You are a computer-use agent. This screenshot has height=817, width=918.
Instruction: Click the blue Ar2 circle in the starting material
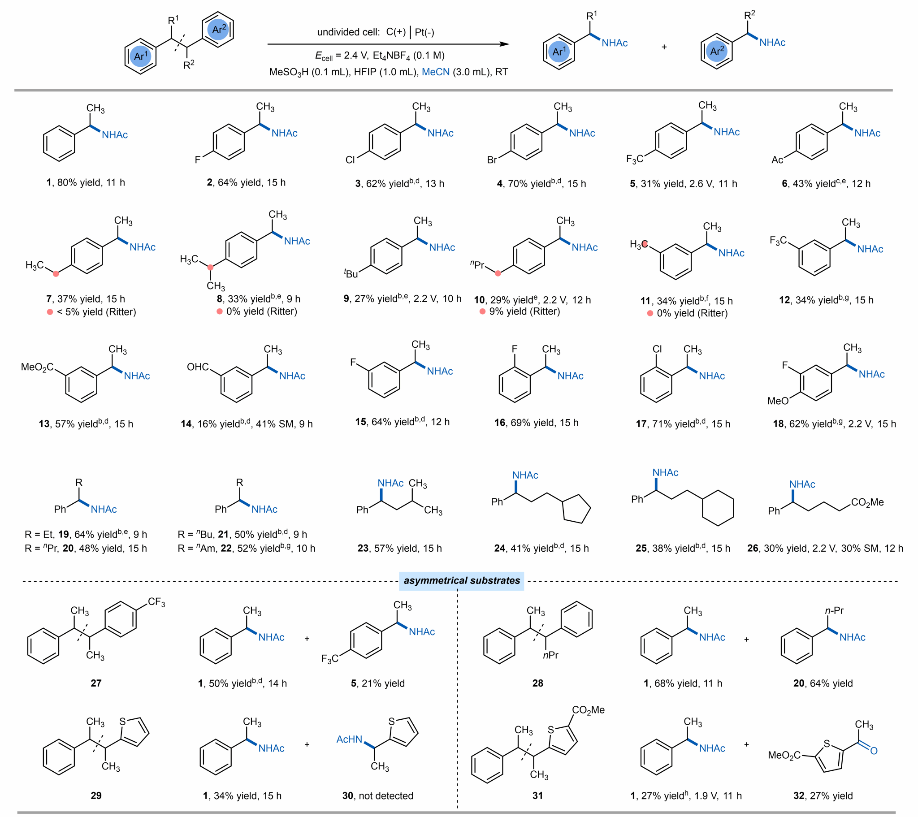tap(218, 30)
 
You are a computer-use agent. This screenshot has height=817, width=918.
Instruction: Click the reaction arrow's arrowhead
tap(505, 44)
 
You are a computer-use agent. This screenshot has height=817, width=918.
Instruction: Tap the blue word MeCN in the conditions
tap(436, 72)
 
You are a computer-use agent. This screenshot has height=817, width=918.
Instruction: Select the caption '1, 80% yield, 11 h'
tap(86, 182)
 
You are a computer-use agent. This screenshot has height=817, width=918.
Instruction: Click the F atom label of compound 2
tap(198, 160)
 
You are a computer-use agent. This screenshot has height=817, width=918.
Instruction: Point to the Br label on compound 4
tap(492, 160)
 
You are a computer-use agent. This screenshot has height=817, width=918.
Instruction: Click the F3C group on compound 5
tap(635, 159)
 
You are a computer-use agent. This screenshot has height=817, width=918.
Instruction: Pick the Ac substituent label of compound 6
tap(777, 160)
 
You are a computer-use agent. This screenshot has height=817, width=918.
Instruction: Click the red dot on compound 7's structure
tap(56, 273)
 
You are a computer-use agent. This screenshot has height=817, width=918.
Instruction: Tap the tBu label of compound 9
tap(351, 273)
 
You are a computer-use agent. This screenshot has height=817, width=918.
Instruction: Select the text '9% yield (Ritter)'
tap(524, 311)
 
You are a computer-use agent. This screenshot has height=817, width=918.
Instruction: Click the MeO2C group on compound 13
tap(37, 367)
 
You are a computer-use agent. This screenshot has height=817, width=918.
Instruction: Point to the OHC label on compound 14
tap(198, 367)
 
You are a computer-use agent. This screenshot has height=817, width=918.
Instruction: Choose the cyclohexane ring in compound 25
tap(718, 509)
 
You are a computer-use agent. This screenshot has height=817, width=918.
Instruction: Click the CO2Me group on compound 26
tap(867, 502)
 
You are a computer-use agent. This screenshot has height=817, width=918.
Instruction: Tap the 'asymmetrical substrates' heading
tap(462, 580)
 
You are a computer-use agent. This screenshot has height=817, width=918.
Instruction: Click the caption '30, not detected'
tap(378, 795)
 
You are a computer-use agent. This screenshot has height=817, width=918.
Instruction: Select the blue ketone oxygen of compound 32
tap(874, 751)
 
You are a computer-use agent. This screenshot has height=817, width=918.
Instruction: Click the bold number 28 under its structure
tap(537, 683)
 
